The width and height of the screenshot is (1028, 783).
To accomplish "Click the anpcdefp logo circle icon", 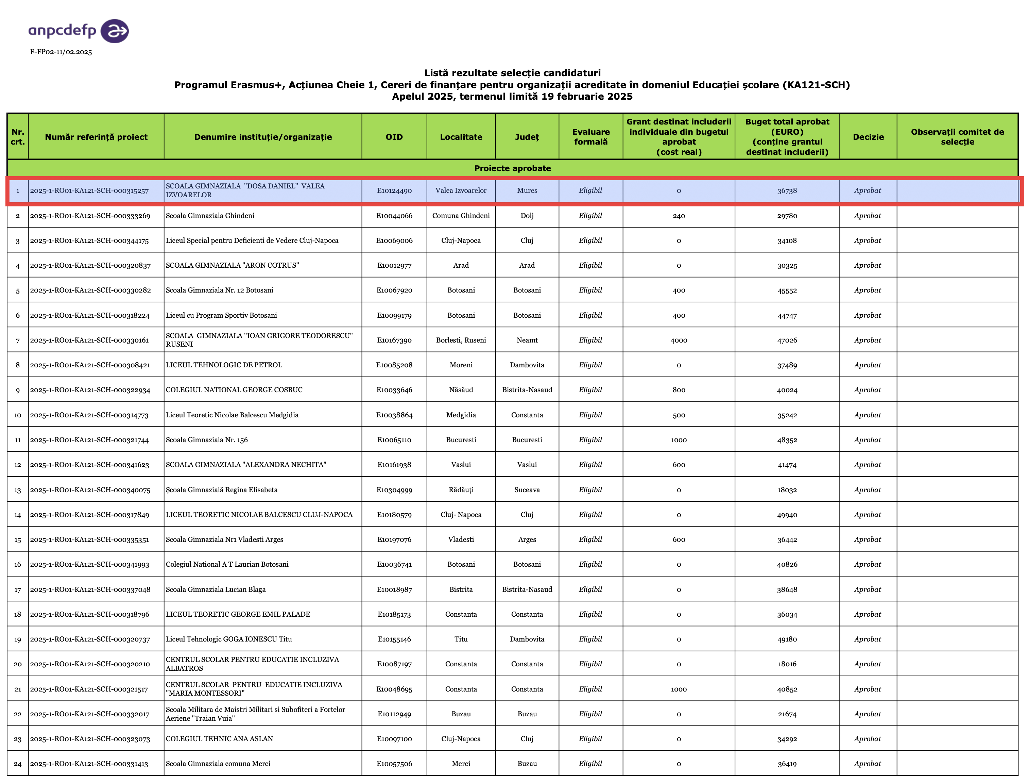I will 115,31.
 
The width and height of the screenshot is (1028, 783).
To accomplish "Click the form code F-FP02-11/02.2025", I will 61,52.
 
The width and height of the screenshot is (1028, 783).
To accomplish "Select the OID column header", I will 394,136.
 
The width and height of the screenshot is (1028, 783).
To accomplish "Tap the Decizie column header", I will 868,136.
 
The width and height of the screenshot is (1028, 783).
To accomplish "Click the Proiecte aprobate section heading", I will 512,168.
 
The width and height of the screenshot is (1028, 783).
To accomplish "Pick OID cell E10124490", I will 394,190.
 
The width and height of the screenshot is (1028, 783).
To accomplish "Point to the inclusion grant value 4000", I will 679,340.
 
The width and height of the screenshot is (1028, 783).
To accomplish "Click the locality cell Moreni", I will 461,365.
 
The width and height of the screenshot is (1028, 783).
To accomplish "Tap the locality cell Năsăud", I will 461,390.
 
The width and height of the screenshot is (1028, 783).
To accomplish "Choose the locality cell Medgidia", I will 461,415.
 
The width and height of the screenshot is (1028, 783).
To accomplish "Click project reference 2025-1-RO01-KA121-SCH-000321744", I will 89,440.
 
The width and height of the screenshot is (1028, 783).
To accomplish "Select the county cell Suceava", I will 527,490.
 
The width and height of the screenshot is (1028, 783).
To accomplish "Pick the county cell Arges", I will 527,540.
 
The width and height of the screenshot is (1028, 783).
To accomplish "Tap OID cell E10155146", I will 394,639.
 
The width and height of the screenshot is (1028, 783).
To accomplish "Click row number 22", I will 18,714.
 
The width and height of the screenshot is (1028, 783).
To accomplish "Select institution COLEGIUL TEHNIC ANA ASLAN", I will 219,739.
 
